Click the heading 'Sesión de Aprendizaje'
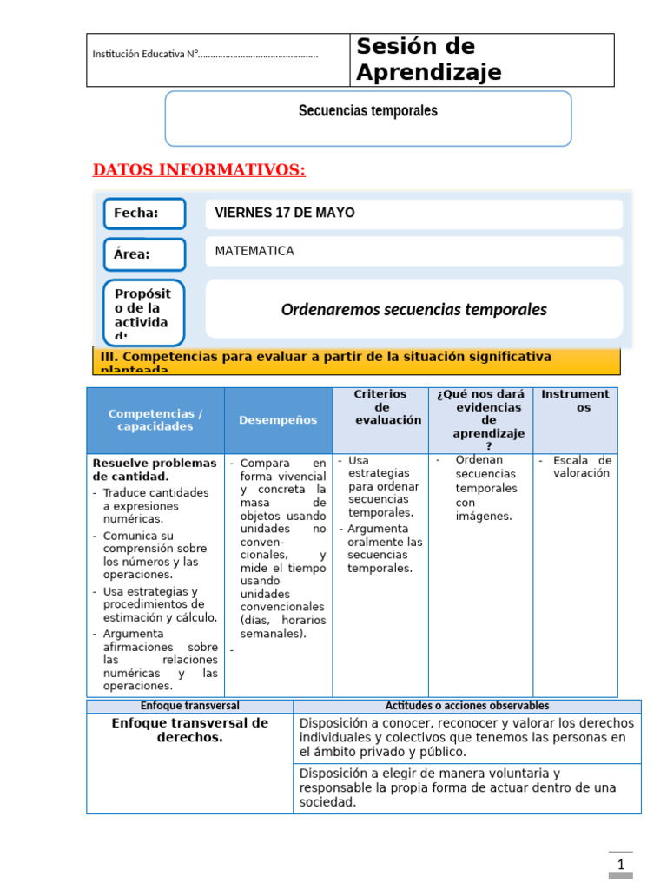[429, 60]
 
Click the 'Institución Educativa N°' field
[205, 56]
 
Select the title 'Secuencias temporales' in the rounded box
[368, 111]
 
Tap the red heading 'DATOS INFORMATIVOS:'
[199, 170]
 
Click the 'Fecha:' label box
[144, 214]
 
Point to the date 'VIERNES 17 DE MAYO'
[285, 214]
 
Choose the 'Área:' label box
[144, 254]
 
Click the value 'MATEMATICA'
[254, 251]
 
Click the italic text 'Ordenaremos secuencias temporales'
[413, 310]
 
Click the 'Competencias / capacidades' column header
[155, 420]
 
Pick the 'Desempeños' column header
[278, 420]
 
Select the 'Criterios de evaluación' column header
[380, 407]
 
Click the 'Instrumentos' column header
[575, 400]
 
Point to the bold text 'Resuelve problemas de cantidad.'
[155, 470]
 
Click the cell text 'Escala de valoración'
[575, 467]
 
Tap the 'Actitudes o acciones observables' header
[466, 706]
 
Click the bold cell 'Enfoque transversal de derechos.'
[189, 730]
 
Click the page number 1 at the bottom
[621, 865]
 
